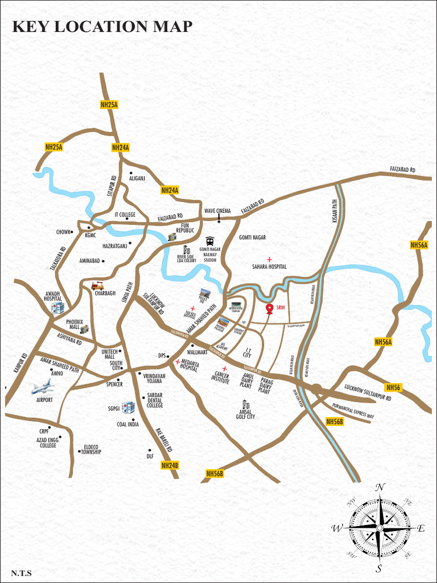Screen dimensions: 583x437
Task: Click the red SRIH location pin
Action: pyautogui.click(x=270, y=309)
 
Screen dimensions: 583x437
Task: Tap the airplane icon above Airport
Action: pyautogui.click(x=42, y=387)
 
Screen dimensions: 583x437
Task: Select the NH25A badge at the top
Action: pyautogui.click(x=109, y=104)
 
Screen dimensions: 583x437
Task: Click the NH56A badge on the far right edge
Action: pyautogui.click(x=419, y=245)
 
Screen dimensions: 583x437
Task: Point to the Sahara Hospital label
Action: pyautogui.click(x=269, y=266)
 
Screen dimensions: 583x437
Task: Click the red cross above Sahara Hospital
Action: pyautogui.click(x=269, y=259)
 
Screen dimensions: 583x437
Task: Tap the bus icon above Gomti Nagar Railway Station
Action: pyautogui.click(x=210, y=241)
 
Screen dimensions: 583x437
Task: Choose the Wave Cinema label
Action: pyautogui.click(x=217, y=211)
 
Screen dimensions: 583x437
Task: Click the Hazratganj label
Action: pyautogui.click(x=114, y=246)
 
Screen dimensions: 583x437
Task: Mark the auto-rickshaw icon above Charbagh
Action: pyautogui.click(x=97, y=285)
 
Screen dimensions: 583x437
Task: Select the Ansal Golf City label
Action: pyautogui.click(x=245, y=414)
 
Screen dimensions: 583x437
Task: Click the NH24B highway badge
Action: pyautogui.click(x=170, y=465)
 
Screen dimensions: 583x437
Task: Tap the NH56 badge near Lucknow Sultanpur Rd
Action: pyautogui.click(x=393, y=387)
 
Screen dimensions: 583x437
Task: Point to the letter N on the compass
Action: pyautogui.click(x=381, y=487)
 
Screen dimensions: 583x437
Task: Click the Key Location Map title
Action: pyautogui.click(x=102, y=26)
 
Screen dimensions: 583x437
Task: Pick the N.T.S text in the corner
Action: pyautogui.click(x=21, y=573)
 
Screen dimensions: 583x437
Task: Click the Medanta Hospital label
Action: pyautogui.click(x=189, y=367)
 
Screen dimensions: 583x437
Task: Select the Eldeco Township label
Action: pyautogui.click(x=91, y=449)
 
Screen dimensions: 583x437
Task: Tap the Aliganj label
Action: pyautogui.click(x=137, y=178)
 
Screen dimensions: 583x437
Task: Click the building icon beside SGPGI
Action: pyautogui.click(x=129, y=407)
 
